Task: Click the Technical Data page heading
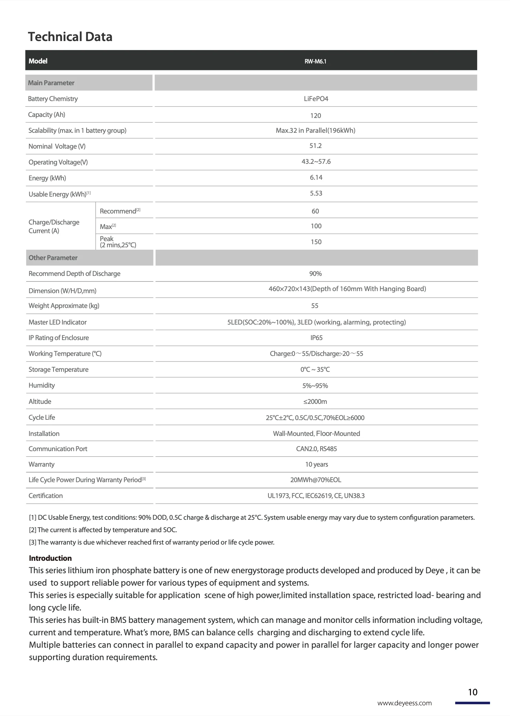[70, 37]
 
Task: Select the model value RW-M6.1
[315, 61]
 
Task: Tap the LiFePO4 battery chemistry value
[316, 99]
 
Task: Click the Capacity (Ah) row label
[47, 115]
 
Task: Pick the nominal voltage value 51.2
[315, 146]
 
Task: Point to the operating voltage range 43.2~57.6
[316, 162]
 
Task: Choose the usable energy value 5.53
[316, 193]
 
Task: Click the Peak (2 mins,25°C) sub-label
[118, 242]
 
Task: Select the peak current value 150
[316, 242]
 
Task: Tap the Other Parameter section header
[53, 258]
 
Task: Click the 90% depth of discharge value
[315, 274]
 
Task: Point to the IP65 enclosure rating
[316, 338]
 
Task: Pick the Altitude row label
[40, 401]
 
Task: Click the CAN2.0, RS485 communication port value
[316, 449]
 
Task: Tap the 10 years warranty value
[316, 464]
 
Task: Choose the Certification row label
[46, 496]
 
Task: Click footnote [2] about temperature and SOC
[103, 530]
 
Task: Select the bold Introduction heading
[50, 558]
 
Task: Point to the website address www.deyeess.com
[404, 703]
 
